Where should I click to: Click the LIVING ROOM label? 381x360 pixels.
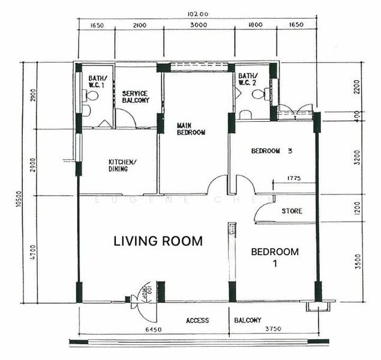point(158,241)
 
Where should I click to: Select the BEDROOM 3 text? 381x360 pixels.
point(272,151)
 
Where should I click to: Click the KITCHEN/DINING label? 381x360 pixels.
point(122,166)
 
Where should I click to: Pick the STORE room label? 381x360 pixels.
point(292,211)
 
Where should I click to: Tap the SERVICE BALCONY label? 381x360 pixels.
point(136,97)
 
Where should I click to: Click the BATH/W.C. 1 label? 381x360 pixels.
point(97,82)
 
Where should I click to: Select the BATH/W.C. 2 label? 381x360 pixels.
point(247,80)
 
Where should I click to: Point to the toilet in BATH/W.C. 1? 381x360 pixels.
point(91,95)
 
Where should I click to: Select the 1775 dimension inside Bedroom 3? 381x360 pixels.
point(293,178)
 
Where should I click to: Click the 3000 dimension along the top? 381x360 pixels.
point(199,25)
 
